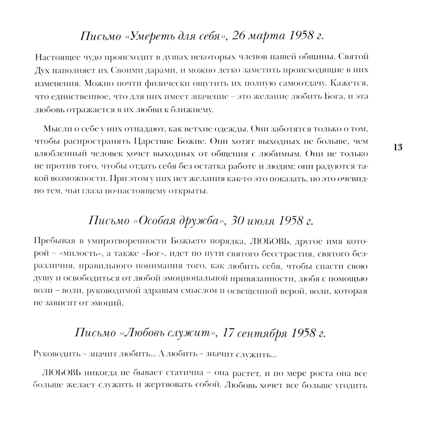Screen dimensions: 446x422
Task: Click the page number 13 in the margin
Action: pyautogui.click(x=398, y=147)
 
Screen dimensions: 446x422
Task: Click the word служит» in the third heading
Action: pyautogui.click(x=192, y=333)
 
